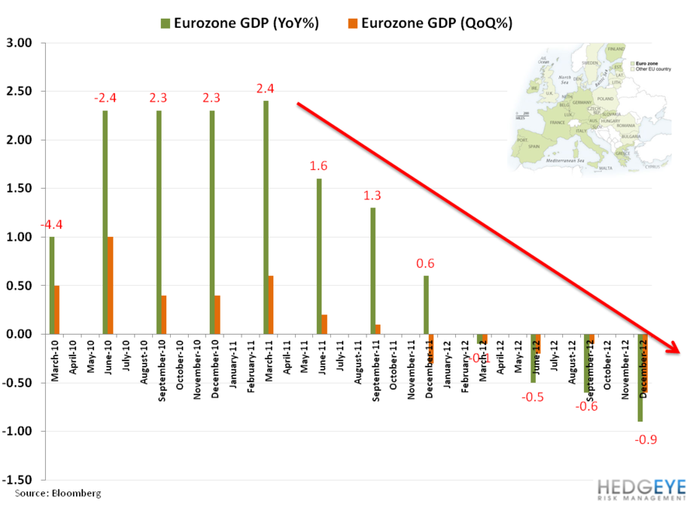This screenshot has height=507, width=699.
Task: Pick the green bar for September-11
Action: [x=373, y=271]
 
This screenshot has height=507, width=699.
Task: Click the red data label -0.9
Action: [x=647, y=440]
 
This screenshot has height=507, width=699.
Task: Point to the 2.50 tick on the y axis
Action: [x=22, y=92]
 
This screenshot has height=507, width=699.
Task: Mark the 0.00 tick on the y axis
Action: [x=22, y=334]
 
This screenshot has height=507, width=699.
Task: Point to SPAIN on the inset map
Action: [x=533, y=145]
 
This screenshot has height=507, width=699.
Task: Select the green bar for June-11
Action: [x=319, y=256]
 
